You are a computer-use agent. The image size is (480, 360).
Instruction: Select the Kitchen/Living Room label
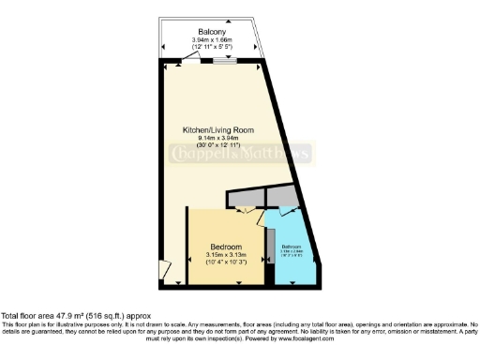tap(217, 129)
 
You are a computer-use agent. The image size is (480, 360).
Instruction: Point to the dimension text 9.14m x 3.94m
tap(217, 138)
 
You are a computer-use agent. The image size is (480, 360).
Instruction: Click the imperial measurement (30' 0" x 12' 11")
tap(217, 145)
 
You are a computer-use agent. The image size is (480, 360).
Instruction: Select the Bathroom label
tap(292, 246)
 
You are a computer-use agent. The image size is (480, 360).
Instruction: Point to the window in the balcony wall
tap(224, 62)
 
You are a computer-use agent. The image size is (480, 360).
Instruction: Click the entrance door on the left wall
tap(164, 272)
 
